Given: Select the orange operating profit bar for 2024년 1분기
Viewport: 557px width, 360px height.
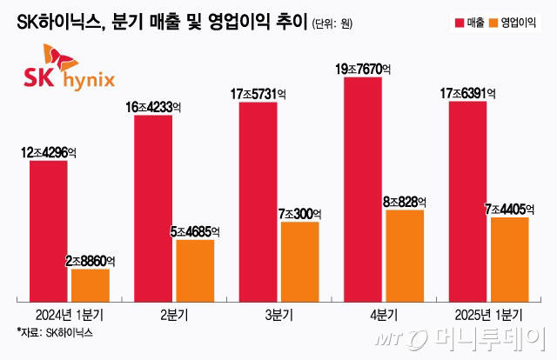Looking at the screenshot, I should (x=90, y=284).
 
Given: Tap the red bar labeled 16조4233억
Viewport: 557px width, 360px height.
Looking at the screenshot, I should (x=153, y=208).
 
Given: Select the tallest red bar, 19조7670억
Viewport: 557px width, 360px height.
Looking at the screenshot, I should (x=363, y=191).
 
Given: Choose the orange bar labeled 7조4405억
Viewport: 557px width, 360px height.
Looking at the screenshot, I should (x=509, y=258).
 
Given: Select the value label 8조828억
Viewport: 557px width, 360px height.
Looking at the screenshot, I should (x=405, y=201).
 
